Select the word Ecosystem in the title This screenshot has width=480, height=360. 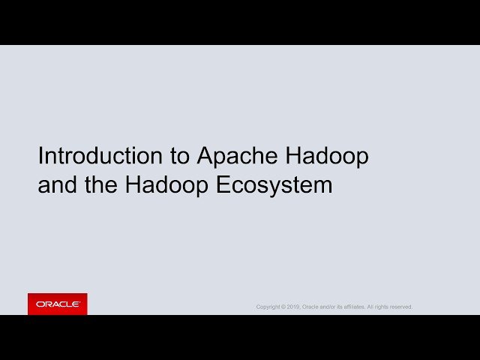click(274, 184)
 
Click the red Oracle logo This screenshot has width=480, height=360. click(58, 304)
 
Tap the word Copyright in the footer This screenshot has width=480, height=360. click(268, 307)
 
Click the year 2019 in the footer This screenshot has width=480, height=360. click(292, 307)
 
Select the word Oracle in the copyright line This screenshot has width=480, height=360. click(310, 307)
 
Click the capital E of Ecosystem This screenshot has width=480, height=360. click(223, 184)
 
